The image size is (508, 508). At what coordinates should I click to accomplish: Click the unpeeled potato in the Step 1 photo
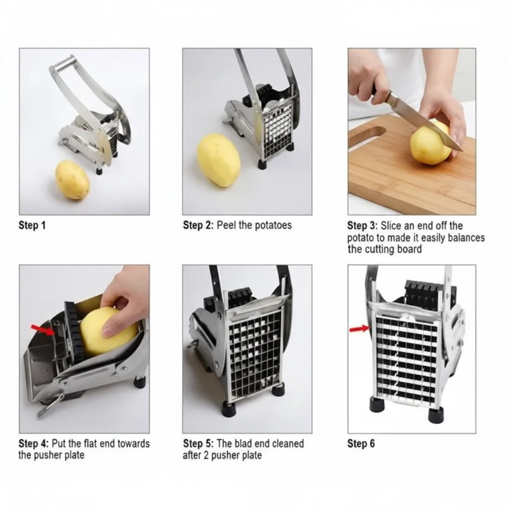[x=72, y=180]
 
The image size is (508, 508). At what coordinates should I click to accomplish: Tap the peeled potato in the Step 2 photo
[x=219, y=160]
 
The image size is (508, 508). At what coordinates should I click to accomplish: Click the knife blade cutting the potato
[x=425, y=123]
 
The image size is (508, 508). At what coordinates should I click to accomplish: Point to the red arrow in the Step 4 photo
[x=43, y=330]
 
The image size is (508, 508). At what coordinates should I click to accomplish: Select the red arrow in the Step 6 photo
[x=359, y=329]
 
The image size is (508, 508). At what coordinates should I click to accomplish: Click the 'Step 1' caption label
[x=32, y=225]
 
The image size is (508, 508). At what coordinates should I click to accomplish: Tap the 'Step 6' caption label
[x=361, y=444]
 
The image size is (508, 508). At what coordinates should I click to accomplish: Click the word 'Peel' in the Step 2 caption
[x=226, y=225]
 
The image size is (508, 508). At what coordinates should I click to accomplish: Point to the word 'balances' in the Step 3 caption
[x=466, y=238]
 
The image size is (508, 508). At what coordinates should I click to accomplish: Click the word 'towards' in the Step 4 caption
[x=133, y=444]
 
